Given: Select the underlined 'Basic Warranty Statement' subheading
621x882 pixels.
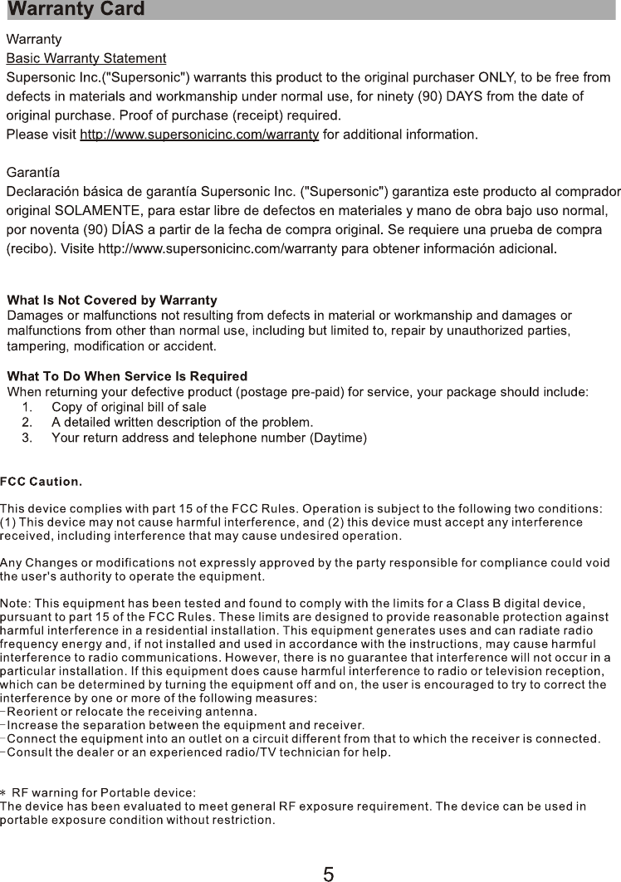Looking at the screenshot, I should click(x=86, y=58).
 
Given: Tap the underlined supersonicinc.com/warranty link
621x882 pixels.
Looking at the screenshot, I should click(x=199, y=135).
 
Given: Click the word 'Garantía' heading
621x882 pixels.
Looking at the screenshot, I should click(x=33, y=173).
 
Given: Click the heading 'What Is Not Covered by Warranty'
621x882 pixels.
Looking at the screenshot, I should click(x=112, y=300).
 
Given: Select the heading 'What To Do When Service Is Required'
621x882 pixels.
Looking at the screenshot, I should click(x=127, y=377).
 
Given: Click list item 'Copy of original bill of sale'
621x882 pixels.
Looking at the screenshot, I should click(x=129, y=407).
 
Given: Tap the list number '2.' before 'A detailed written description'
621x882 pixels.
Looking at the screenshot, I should click(x=27, y=422).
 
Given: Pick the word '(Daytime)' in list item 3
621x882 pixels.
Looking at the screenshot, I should click(x=338, y=437).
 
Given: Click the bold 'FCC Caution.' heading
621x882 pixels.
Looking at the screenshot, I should click(x=41, y=482).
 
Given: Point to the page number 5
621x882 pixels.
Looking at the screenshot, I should click(x=329, y=873).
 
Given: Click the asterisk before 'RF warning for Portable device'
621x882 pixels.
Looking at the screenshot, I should click(x=4, y=792).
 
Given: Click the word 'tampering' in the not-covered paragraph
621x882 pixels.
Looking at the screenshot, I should click(x=34, y=345).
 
